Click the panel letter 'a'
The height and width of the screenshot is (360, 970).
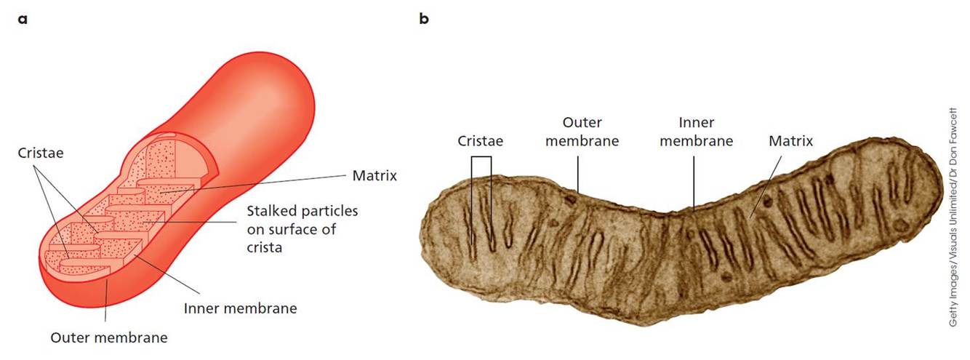coord(24,18)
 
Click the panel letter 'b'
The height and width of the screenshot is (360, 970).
coord(424,18)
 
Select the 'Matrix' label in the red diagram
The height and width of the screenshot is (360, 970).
coord(374,175)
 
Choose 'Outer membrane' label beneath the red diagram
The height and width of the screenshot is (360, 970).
coord(108,337)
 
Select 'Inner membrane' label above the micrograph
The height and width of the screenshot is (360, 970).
coord(696,132)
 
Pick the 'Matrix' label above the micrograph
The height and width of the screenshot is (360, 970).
coord(790,140)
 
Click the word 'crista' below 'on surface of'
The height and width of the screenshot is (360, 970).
coord(264,247)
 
